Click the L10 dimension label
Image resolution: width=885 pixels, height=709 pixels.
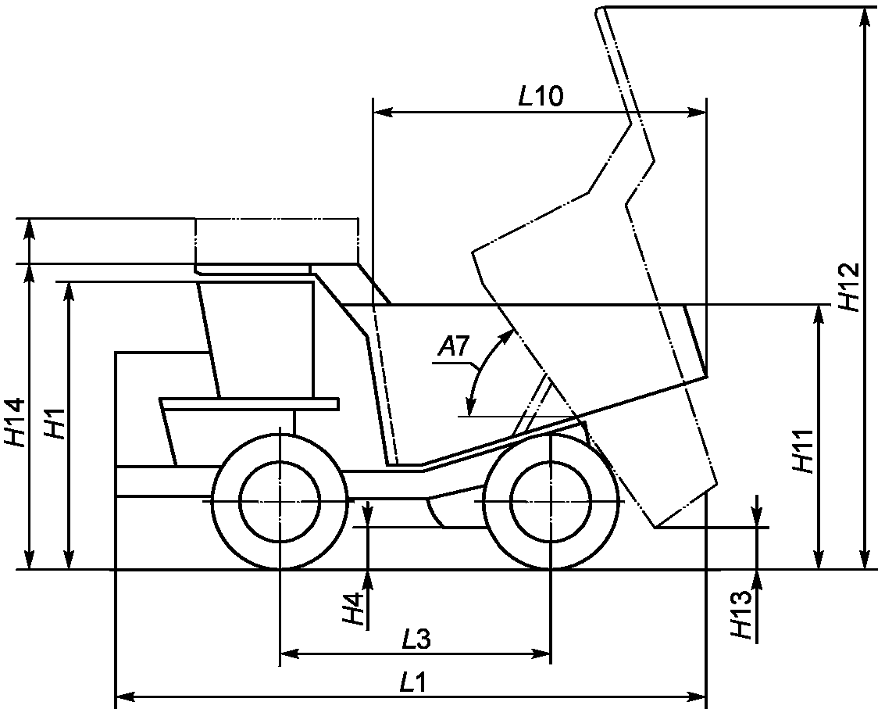(x=541, y=97)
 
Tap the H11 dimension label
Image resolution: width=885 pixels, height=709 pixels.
(x=801, y=451)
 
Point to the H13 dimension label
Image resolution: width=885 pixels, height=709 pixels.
(x=740, y=614)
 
